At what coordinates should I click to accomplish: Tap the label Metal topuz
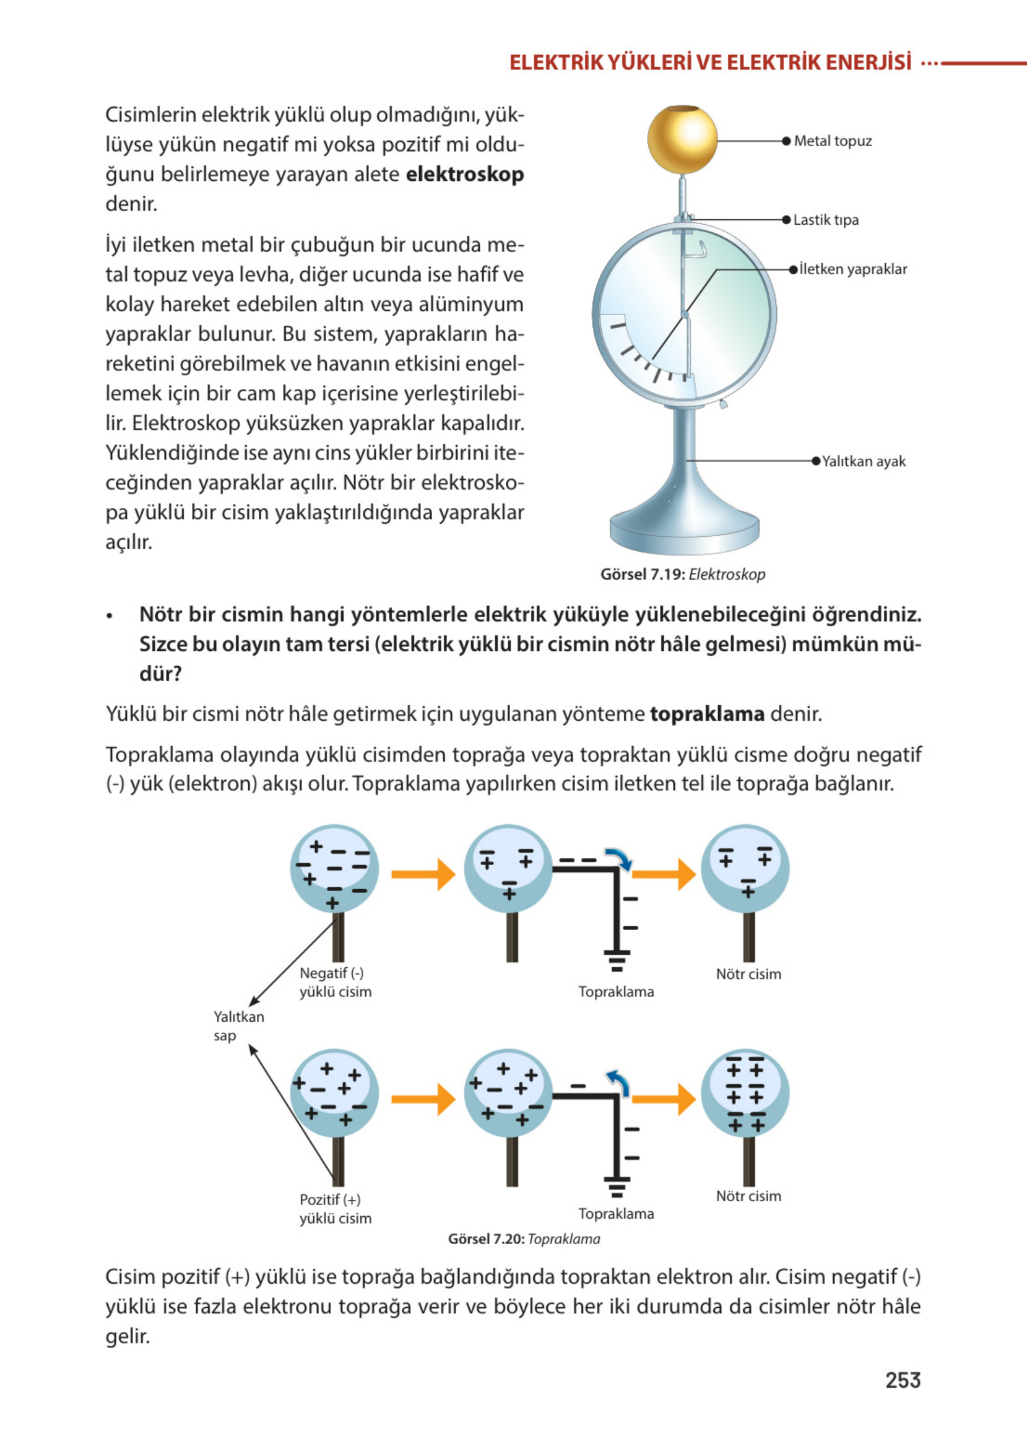pyautogui.click(x=832, y=141)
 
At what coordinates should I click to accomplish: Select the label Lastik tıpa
pyautogui.click(x=825, y=220)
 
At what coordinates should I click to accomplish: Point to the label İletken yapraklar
pyautogui.click(x=852, y=269)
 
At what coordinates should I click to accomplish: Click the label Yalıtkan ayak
pyautogui.click(x=863, y=462)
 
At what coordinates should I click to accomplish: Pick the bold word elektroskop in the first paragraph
pyautogui.click(x=464, y=175)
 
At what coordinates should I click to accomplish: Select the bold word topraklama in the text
pyautogui.click(x=707, y=714)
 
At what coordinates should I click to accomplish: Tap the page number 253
pyautogui.click(x=903, y=1380)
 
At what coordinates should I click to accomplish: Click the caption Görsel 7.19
pyautogui.click(x=682, y=574)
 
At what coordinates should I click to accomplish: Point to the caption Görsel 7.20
pyautogui.click(x=524, y=1238)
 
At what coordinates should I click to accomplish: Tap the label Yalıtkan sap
pyautogui.click(x=238, y=1026)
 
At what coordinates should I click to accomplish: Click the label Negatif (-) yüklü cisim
pyautogui.click(x=335, y=982)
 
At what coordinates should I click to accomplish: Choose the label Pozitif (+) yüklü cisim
pyautogui.click(x=335, y=1209)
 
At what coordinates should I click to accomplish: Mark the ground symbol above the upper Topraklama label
pyautogui.click(x=617, y=959)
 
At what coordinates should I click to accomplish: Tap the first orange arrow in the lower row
pyautogui.click(x=423, y=1099)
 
